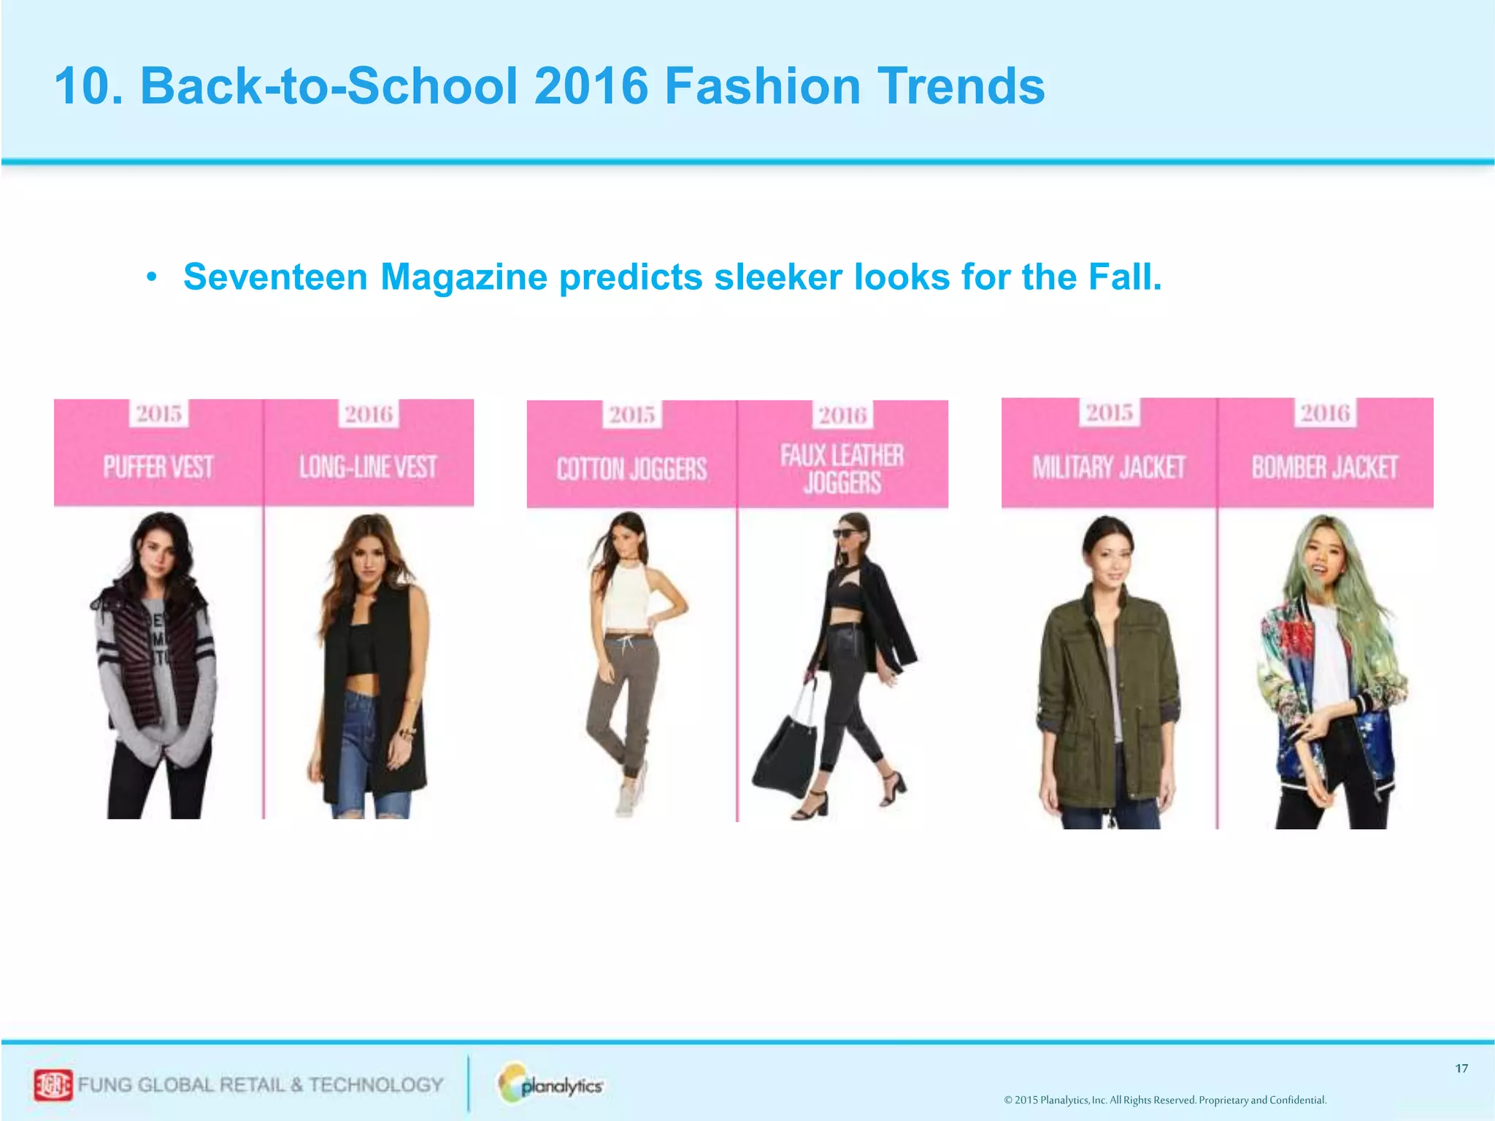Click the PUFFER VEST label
click(x=158, y=467)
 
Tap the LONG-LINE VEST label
click(x=368, y=467)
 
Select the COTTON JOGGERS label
click(x=631, y=469)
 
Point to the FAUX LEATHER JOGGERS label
click(x=842, y=469)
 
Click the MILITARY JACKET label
click(x=1109, y=467)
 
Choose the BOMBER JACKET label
click(x=1325, y=467)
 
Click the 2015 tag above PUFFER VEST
click(x=159, y=414)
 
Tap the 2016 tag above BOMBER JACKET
click(x=1325, y=413)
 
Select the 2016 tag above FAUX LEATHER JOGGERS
click(x=842, y=415)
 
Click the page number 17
click(x=1461, y=1068)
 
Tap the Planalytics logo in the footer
click(x=552, y=1085)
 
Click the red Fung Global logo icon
click(x=53, y=1085)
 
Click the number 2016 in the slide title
click(x=591, y=86)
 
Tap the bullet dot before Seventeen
click(x=151, y=278)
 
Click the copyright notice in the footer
click(x=1165, y=1100)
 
